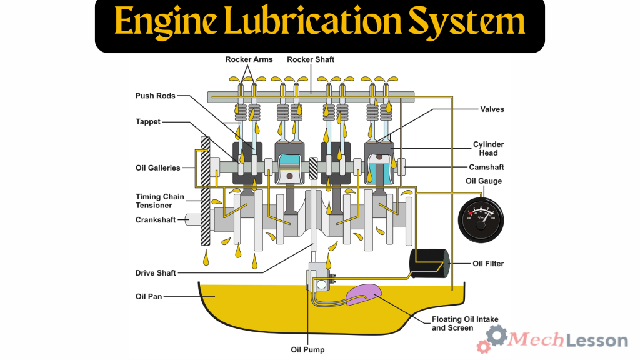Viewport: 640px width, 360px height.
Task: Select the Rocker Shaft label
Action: point(311,59)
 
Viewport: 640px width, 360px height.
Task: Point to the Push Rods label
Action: point(155,96)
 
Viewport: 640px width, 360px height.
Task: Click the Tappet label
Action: point(149,121)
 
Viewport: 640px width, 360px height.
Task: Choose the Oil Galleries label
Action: point(157,167)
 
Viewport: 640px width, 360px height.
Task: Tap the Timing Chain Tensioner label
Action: point(160,201)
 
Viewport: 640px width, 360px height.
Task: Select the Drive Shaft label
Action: point(156,273)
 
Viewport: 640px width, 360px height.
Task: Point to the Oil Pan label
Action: point(149,296)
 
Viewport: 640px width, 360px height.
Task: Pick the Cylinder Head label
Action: point(488,149)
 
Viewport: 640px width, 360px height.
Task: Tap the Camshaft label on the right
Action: point(486,167)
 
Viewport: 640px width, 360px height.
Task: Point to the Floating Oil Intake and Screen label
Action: point(465,323)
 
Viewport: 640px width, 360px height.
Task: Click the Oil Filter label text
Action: point(487,264)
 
